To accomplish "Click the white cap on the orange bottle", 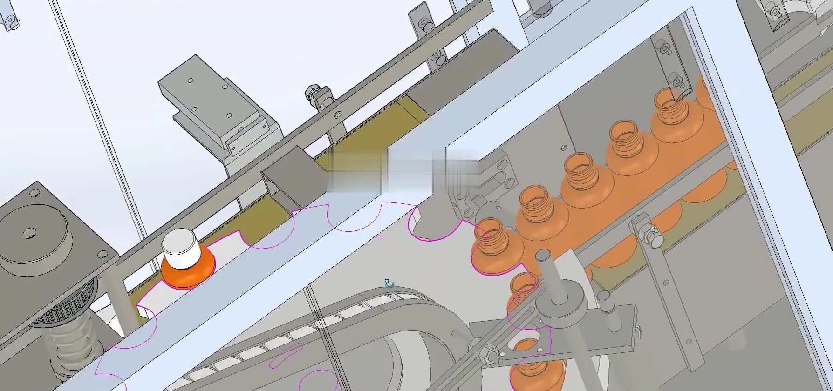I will (x=181, y=249).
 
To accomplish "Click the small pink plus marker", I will (x=382, y=237).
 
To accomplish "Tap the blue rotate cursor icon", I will (x=389, y=283).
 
